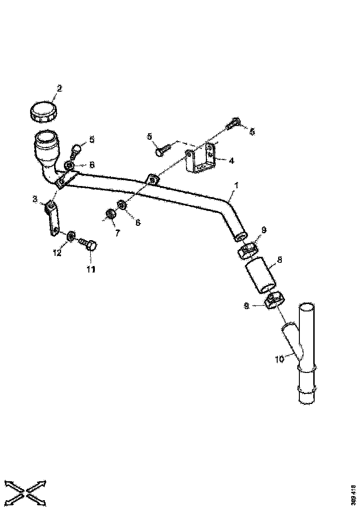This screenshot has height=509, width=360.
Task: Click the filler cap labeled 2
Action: tap(43, 112)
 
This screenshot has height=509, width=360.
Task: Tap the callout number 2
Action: tap(59, 88)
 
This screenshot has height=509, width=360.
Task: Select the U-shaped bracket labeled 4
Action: tap(201, 160)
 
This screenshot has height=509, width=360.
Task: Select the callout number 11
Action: tap(90, 269)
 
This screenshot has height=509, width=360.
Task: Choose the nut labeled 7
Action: tap(111, 214)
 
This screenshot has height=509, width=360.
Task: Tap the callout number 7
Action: tap(118, 233)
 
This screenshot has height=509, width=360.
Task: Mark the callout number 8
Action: tap(279, 261)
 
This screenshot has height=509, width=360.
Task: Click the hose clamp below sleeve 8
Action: tap(274, 301)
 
